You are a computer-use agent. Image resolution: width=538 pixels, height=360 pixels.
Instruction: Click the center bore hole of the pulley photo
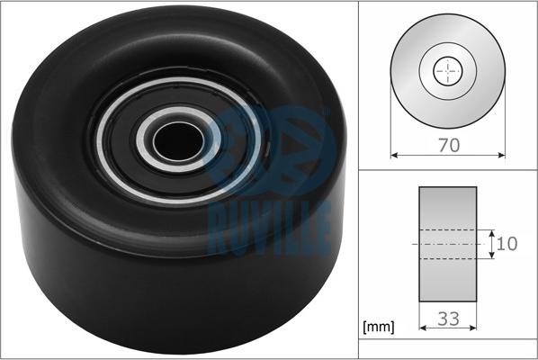click(x=178, y=140)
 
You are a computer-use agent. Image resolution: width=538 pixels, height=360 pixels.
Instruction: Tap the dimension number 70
click(x=449, y=145)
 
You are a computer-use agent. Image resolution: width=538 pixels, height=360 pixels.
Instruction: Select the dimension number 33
click(x=448, y=319)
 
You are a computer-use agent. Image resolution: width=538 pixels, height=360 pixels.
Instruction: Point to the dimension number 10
click(x=507, y=244)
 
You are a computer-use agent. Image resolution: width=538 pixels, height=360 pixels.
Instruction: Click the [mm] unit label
click(x=379, y=327)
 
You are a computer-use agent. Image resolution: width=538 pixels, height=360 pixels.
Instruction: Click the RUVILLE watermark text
click(x=269, y=229)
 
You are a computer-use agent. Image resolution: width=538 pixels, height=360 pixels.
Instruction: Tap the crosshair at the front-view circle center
click(x=448, y=71)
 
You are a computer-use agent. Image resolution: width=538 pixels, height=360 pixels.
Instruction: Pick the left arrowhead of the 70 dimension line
click(x=394, y=156)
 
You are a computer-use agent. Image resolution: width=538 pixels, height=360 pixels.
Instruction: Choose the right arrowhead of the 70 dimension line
click(x=502, y=156)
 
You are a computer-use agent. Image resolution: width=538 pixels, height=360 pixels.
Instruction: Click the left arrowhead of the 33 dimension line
click(x=423, y=328)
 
